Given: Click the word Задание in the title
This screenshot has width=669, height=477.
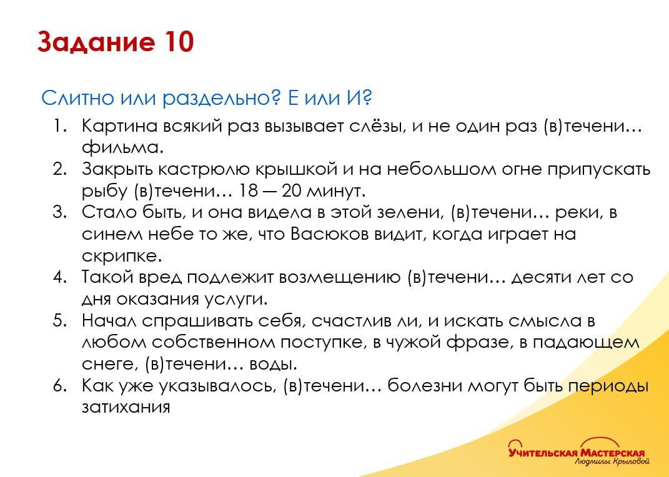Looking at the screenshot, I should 95,42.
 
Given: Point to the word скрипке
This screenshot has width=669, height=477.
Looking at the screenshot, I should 122,256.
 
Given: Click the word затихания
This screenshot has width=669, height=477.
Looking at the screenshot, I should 126,408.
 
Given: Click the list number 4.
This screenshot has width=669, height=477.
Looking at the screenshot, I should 59,277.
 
